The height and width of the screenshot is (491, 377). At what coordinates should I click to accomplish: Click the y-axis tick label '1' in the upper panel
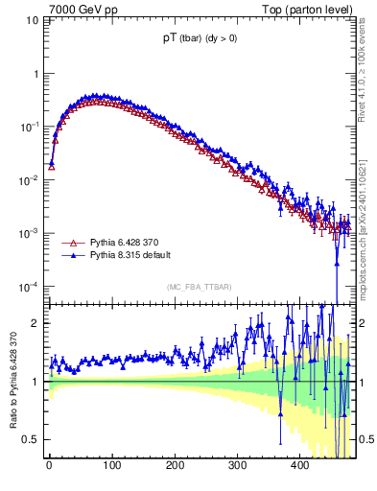[37, 74]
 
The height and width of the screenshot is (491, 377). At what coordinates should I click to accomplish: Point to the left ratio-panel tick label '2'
[38, 323]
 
